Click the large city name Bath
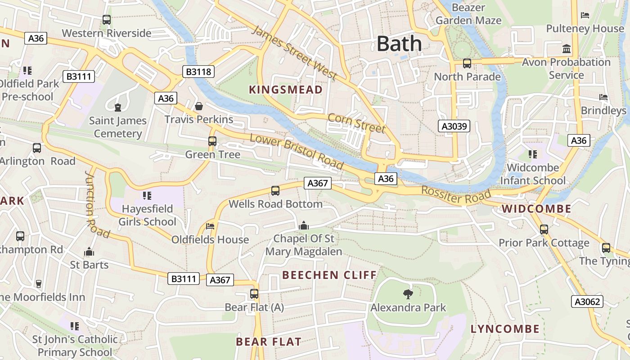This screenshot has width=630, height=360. [x=399, y=44]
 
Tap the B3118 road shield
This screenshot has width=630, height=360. [x=198, y=72]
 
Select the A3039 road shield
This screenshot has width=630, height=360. [x=454, y=126]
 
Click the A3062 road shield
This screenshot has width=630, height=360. [x=587, y=301]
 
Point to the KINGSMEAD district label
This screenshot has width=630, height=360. [x=286, y=90]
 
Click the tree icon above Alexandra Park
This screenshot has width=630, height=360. [x=408, y=295]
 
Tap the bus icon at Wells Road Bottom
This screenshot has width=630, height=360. [x=275, y=191]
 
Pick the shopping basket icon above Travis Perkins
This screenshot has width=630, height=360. [x=198, y=106]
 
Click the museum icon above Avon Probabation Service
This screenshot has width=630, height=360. [x=567, y=49]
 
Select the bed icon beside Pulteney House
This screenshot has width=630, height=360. [x=585, y=15]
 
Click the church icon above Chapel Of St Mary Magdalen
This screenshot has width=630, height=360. [x=304, y=225]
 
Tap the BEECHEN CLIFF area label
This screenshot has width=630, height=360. [x=329, y=275]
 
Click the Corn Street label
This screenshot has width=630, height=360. [x=356, y=123]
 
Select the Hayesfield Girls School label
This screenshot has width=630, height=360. [x=147, y=216]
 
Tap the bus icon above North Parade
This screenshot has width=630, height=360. [x=467, y=63]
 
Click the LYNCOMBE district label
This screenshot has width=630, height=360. [x=505, y=329]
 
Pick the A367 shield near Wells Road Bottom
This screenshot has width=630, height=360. [x=317, y=183]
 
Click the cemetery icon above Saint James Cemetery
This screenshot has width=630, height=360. [x=118, y=108]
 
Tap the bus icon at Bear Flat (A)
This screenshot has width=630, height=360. [x=254, y=294]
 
